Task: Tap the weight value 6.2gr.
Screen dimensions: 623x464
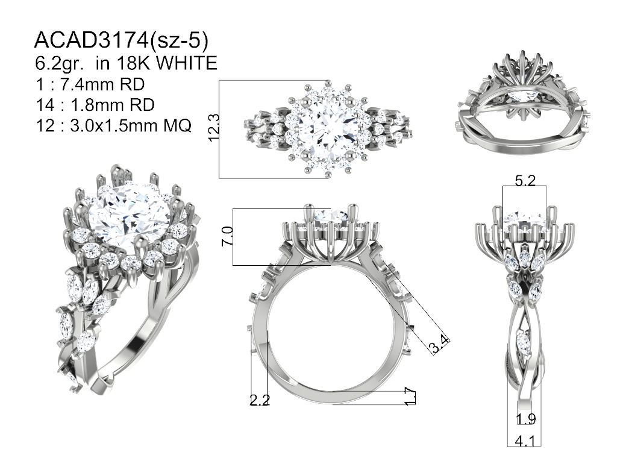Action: pos(59,63)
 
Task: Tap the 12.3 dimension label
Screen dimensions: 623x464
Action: pos(213,128)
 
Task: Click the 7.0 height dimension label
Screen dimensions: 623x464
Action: pos(227,236)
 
